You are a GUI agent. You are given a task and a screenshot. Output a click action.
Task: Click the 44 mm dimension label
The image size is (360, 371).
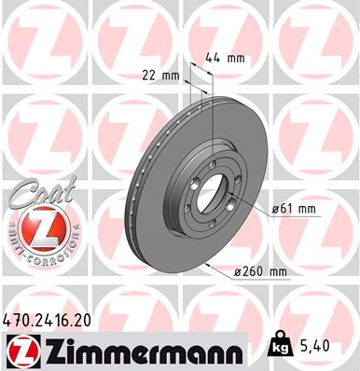tap(228, 58)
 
